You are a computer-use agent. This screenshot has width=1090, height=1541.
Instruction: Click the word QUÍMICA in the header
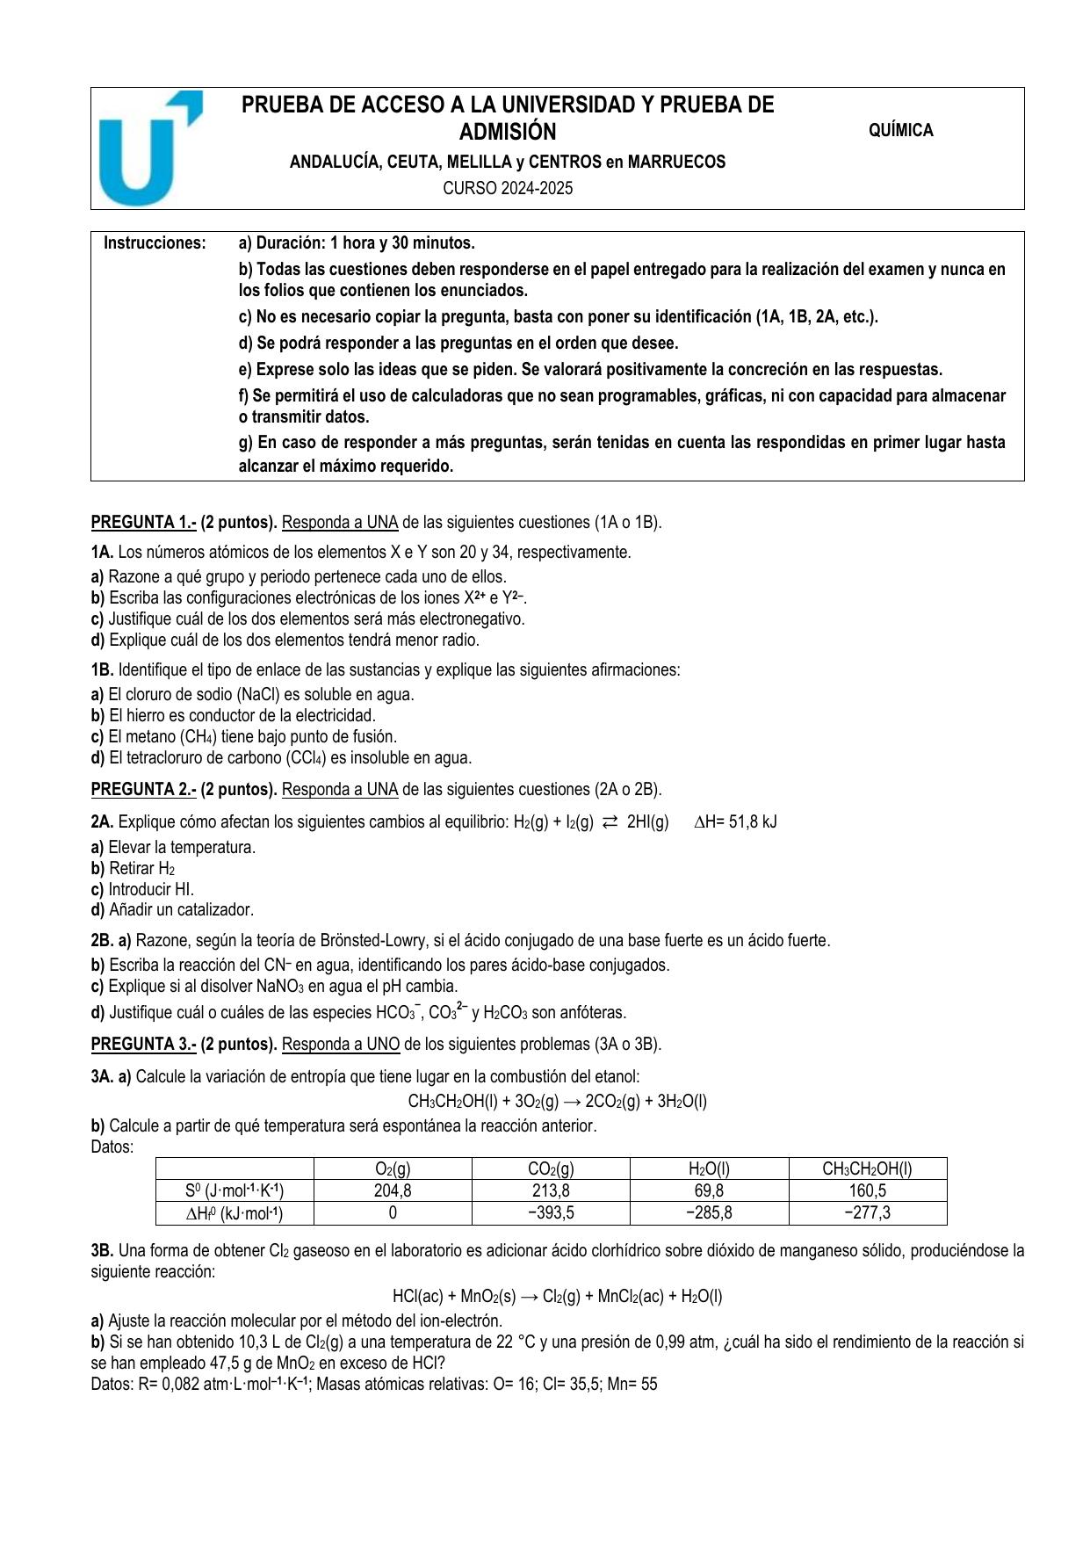[900, 131]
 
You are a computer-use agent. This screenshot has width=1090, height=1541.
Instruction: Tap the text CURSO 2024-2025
[507, 188]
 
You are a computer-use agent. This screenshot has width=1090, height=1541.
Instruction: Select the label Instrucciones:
[155, 243]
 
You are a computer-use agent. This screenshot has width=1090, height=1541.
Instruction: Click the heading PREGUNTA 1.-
[143, 523]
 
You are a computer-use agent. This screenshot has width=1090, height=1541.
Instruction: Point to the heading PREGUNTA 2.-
[143, 790]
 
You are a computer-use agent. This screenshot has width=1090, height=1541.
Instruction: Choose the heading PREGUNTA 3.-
[143, 1045]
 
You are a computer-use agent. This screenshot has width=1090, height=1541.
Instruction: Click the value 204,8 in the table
[393, 1191]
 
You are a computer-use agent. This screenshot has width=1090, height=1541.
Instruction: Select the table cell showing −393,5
[551, 1213]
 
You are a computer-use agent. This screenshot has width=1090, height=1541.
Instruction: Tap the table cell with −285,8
[709, 1213]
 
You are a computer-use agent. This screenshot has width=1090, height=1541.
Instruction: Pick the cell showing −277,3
[867, 1213]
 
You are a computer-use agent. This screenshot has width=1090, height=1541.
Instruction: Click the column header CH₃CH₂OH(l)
[867, 1169]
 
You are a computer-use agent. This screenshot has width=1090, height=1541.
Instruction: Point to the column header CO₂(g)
[551, 1169]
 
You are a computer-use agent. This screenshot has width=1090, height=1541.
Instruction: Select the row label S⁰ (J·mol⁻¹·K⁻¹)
[235, 1191]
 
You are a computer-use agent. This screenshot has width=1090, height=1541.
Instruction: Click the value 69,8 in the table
[709, 1191]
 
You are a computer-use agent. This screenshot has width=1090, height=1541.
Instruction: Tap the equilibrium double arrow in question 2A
[610, 822]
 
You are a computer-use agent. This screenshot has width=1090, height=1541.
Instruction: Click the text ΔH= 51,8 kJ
[735, 822]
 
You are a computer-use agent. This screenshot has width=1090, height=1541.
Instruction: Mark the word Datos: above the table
[112, 1147]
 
